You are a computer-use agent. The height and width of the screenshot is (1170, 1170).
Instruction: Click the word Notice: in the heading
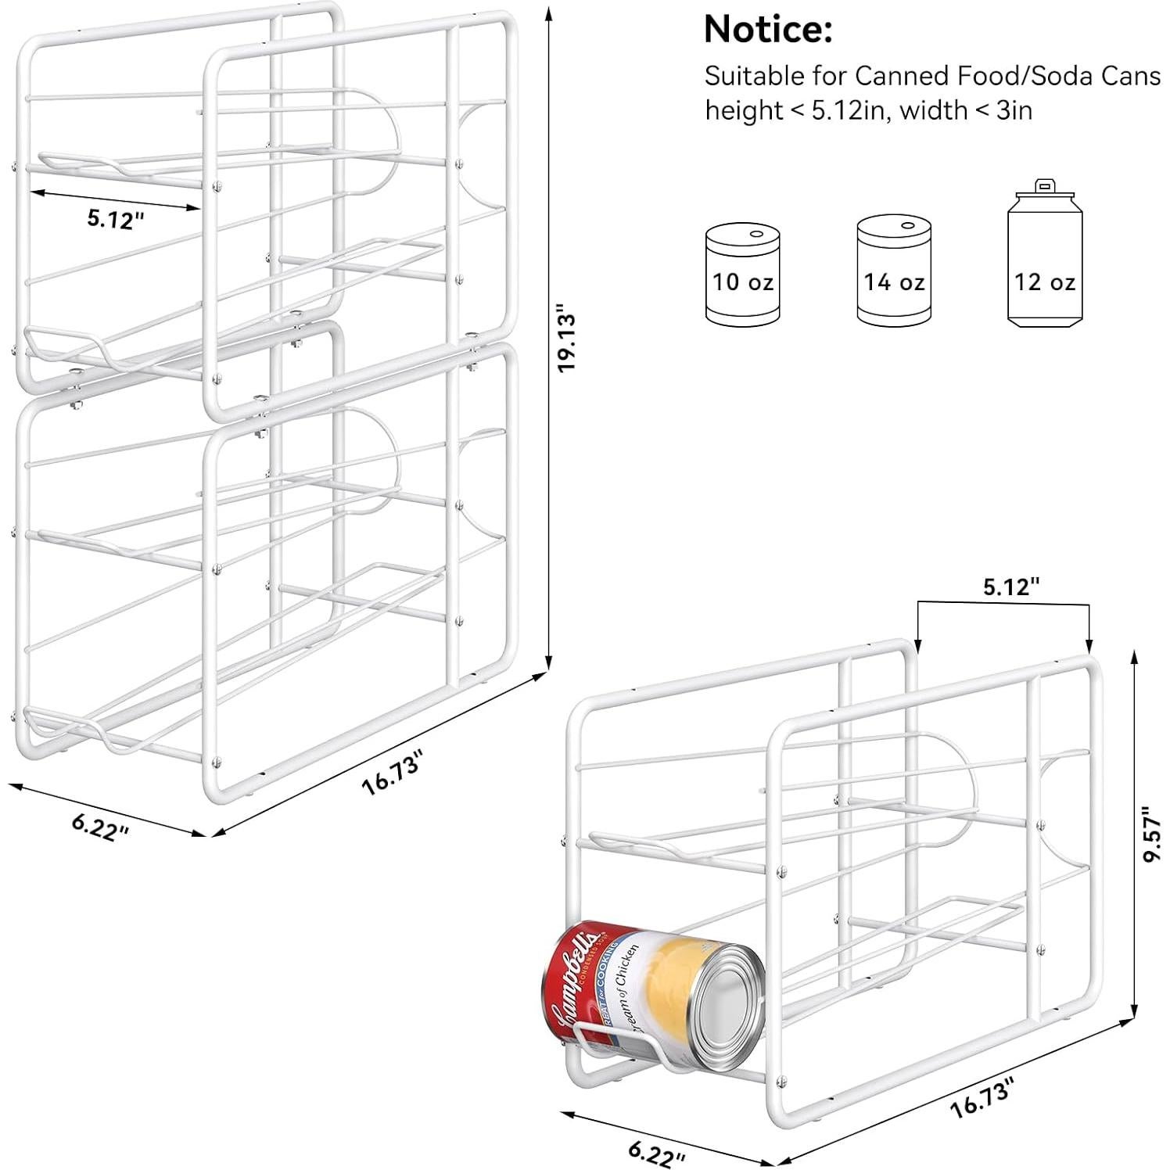click(767, 30)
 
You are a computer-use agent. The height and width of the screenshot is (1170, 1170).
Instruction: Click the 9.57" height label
click(1150, 834)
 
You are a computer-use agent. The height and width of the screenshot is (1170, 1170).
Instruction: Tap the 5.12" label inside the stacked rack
click(116, 220)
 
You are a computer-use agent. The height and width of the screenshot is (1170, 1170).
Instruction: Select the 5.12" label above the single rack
click(1010, 587)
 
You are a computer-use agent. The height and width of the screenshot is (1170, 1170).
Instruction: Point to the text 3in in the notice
click(1014, 111)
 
